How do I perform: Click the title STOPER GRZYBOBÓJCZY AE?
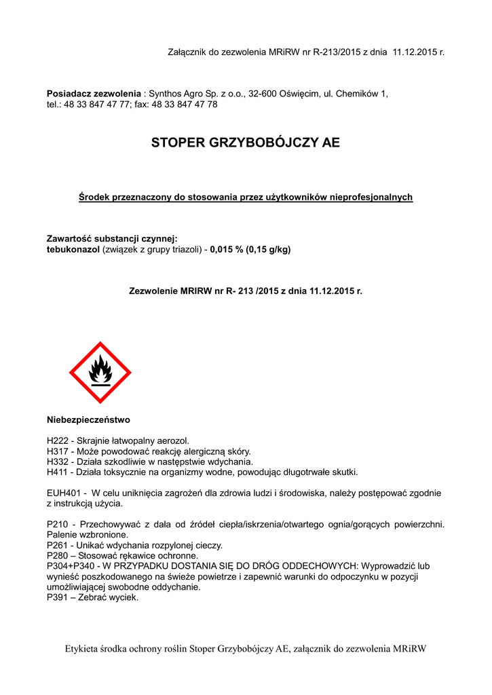point(245,143)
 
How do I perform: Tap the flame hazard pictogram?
point(100,373)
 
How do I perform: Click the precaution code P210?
point(58,525)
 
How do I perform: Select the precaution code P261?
point(58,545)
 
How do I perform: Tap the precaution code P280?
point(58,555)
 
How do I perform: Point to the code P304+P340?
point(70,565)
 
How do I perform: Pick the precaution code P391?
point(58,597)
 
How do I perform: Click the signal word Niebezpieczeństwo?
point(88,420)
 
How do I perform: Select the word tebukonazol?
point(73,249)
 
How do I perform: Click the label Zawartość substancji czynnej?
point(111,238)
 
